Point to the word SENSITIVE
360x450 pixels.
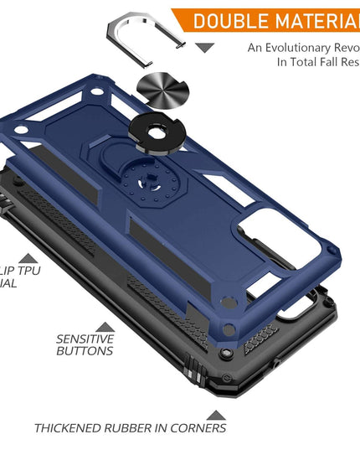click(x=85, y=339)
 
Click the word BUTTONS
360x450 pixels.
click(x=85, y=352)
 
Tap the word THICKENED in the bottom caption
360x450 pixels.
click(x=71, y=428)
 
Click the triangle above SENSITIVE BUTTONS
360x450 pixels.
click(x=105, y=327)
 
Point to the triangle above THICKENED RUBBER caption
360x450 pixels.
click(x=216, y=414)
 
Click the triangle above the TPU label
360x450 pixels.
click(x=28, y=260)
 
